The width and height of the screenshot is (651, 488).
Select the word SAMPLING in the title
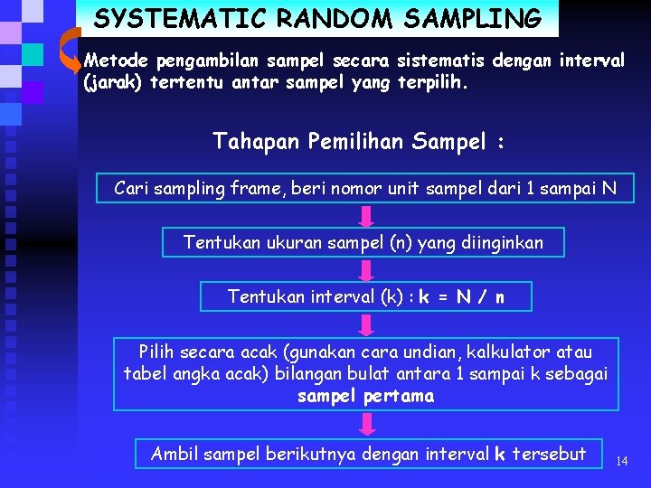tap(478, 18)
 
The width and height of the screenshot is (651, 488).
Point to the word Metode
tap(117, 61)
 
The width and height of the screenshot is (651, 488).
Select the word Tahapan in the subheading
tap(257, 141)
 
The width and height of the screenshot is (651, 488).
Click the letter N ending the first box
tap(609, 188)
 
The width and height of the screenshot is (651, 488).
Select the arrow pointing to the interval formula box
tap(366, 270)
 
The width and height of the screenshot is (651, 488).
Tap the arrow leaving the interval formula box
tap(366, 324)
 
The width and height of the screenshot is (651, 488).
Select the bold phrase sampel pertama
tap(366, 396)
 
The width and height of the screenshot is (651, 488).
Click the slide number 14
tap(621, 461)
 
